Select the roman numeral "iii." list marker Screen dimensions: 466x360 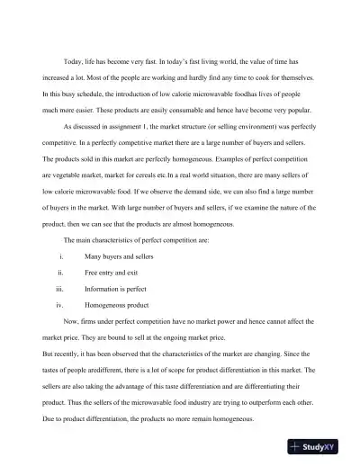(59, 290)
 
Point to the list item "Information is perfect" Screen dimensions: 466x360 (114, 290)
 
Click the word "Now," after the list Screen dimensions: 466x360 (73, 323)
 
